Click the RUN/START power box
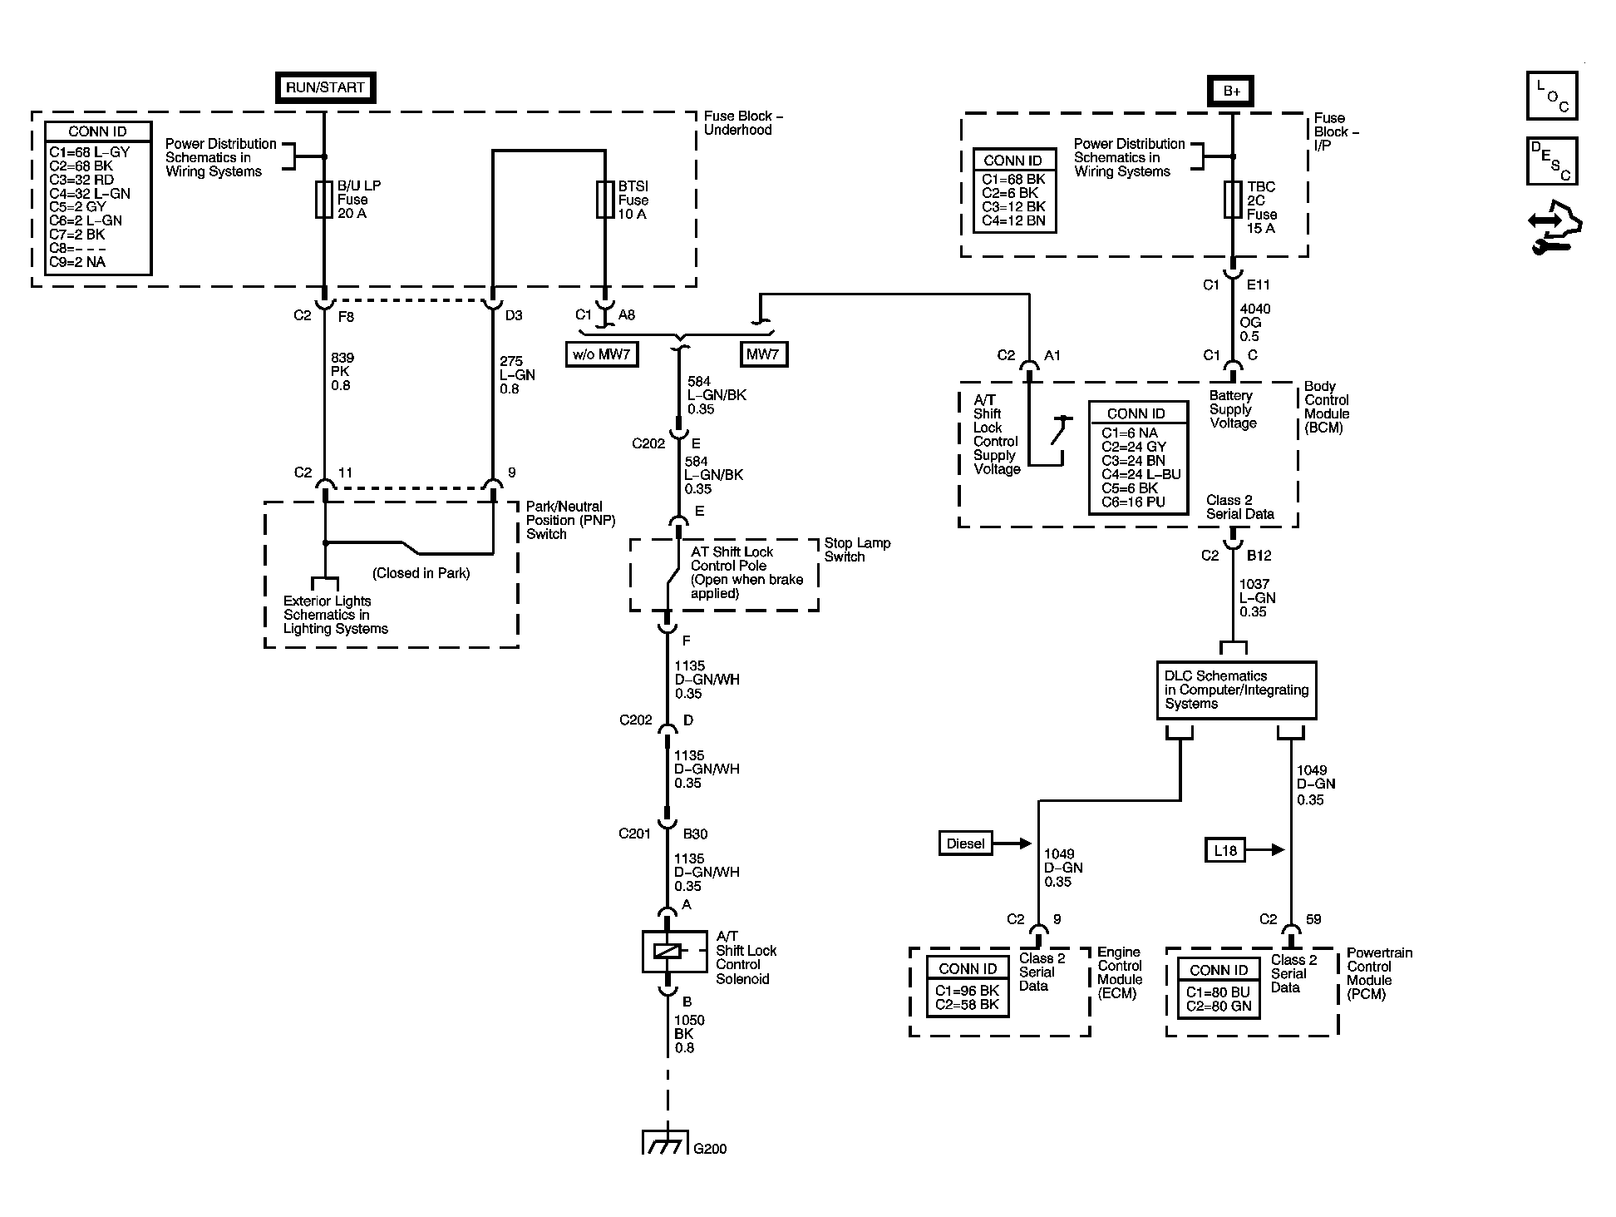pyautogui.click(x=325, y=87)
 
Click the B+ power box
pyautogui.click(x=1231, y=92)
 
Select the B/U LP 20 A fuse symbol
pyautogui.click(x=324, y=200)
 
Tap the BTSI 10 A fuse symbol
pyautogui.click(x=605, y=200)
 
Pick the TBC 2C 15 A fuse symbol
pyautogui.click(x=1232, y=200)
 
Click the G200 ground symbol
pyautogui.click(x=667, y=1142)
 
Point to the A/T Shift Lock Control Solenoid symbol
pyautogui.click(x=667, y=952)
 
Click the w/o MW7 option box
pyautogui.click(x=601, y=354)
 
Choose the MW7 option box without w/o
pyautogui.click(x=763, y=354)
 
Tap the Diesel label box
pyautogui.click(x=965, y=843)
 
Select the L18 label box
pyautogui.click(x=1225, y=850)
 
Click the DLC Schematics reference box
pyautogui.click(x=1236, y=690)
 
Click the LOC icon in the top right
pyautogui.click(x=1551, y=96)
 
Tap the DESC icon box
pyautogui.click(x=1551, y=161)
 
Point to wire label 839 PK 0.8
pyautogui.click(x=341, y=372)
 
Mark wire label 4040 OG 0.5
pyautogui.click(x=1254, y=323)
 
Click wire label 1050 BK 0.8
pyautogui.click(x=688, y=1034)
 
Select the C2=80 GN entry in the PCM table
pyautogui.click(x=1218, y=1006)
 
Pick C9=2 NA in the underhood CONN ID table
pyautogui.click(x=77, y=262)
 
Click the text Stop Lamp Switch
pyautogui.click(x=856, y=550)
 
